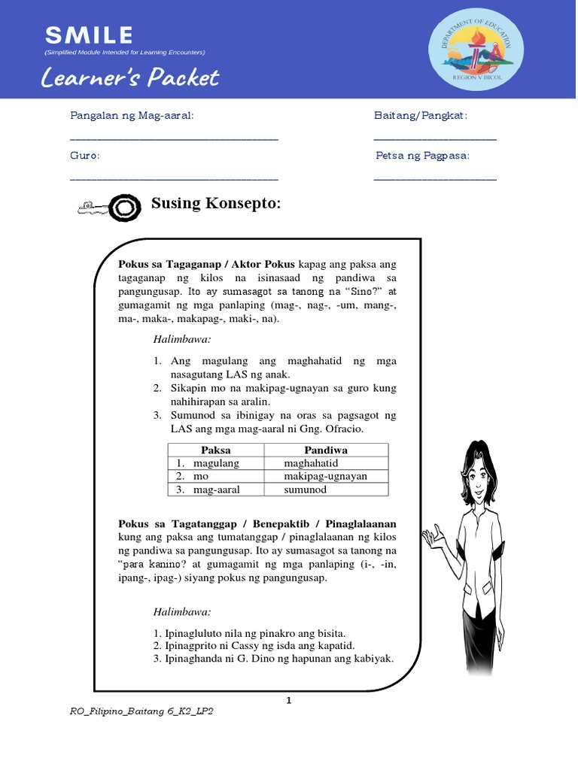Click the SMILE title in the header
89,35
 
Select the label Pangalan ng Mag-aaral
132,115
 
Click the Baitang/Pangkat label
421,115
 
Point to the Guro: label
85,155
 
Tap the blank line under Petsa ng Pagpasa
435,178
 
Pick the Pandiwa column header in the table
325,450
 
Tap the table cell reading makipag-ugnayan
325,476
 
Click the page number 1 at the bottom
287,700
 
